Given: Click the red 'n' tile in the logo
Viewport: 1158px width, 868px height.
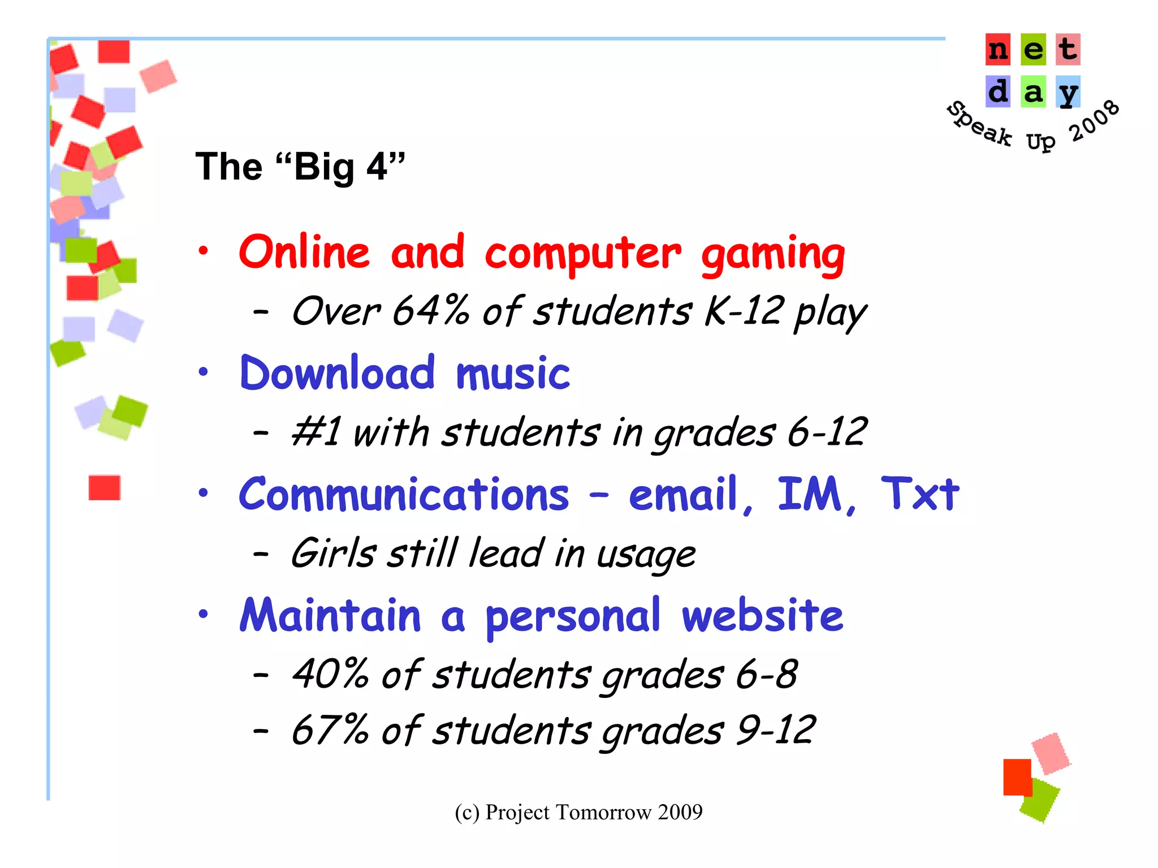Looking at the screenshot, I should tap(998, 50).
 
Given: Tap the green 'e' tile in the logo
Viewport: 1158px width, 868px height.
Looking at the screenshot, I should tap(1033, 50).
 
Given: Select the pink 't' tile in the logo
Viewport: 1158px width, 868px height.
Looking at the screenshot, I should tap(1068, 50).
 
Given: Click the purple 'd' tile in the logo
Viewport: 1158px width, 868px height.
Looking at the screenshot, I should tap(998, 92).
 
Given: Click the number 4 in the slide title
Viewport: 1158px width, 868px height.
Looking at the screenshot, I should tap(377, 167).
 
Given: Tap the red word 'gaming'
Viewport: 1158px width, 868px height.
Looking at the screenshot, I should tap(773, 254).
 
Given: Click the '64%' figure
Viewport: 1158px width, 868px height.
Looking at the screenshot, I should tap(431, 311).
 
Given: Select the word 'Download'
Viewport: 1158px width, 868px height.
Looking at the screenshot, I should tap(338, 374).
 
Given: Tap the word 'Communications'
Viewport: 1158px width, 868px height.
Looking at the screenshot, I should tap(404, 495).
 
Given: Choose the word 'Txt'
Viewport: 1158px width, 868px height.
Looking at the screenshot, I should tap(919, 494).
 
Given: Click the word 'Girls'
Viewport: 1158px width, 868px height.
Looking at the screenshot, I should tap(332, 553).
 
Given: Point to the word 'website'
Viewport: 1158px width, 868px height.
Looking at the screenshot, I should tap(762, 616).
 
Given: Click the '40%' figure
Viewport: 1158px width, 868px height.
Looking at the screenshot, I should tap(330, 674).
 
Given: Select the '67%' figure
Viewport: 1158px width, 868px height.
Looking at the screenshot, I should tap(330, 730).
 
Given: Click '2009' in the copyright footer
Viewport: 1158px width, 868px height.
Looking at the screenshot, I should tap(680, 813).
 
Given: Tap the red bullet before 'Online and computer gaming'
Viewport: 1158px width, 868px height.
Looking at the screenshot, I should tap(204, 251).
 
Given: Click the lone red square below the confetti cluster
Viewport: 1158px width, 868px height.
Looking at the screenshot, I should tap(105, 488).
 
